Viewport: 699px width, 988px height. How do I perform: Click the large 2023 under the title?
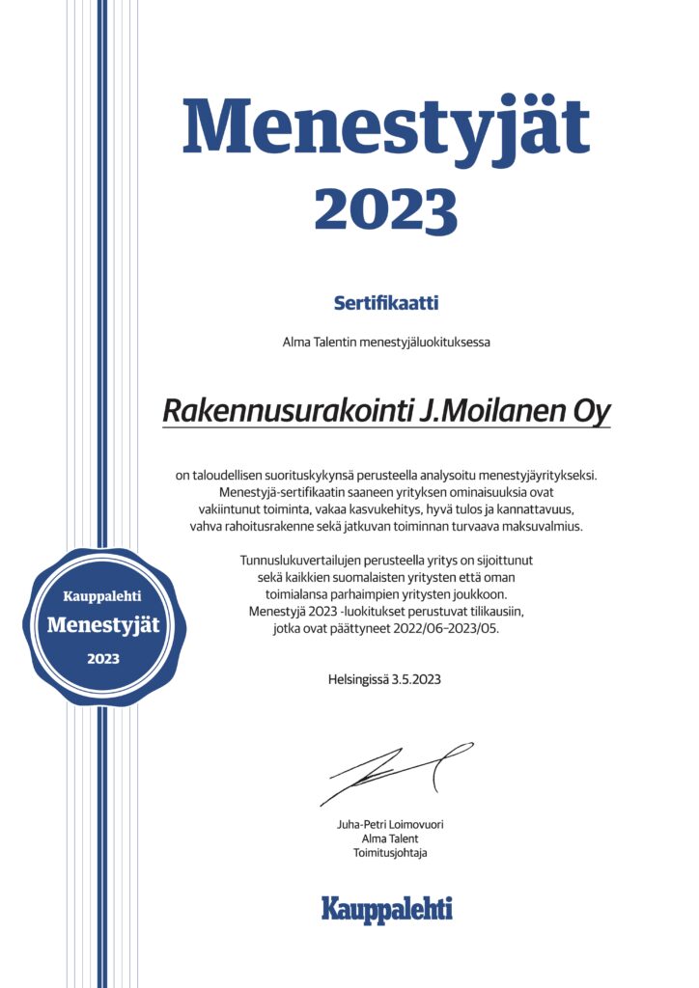point(386,207)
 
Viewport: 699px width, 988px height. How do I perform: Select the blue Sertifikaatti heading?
point(386,303)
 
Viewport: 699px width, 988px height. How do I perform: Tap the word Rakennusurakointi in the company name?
point(287,411)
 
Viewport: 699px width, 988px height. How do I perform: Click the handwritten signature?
point(396,773)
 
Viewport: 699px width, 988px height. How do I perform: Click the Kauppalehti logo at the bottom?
point(386,908)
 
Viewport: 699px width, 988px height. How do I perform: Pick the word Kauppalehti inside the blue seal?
point(102,595)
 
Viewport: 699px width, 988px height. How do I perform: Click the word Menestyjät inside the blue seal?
point(103,625)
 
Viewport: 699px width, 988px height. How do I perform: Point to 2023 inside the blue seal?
point(103,659)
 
